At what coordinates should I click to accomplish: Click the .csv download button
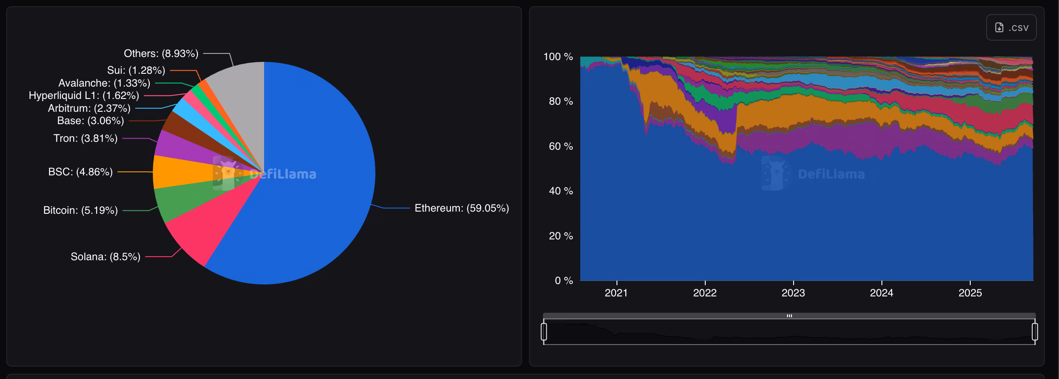point(1011,27)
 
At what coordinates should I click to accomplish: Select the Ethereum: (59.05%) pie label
point(461,208)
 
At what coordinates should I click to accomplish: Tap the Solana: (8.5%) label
point(106,257)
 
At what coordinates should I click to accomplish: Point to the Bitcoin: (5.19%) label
point(80,210)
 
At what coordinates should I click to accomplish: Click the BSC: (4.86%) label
point(80,172)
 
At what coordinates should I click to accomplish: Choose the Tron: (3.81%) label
point(85,138)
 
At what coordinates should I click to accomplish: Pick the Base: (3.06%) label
point(91,121)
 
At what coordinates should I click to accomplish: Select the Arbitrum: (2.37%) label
point(89,108)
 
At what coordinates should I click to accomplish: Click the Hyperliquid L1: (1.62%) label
point(84,95)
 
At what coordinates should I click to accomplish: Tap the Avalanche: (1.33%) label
point(104,83)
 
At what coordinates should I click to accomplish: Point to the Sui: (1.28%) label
point(136,70)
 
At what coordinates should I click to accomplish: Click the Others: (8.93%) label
point(161,53)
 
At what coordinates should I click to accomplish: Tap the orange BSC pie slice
point(177,172)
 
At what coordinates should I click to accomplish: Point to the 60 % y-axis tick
point(560,146)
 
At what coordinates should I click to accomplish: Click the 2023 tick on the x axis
point(793,293)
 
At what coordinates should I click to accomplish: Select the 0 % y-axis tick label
point(564,280)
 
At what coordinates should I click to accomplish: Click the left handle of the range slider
point(544,332)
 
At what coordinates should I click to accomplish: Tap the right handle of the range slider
point(1035,332)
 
